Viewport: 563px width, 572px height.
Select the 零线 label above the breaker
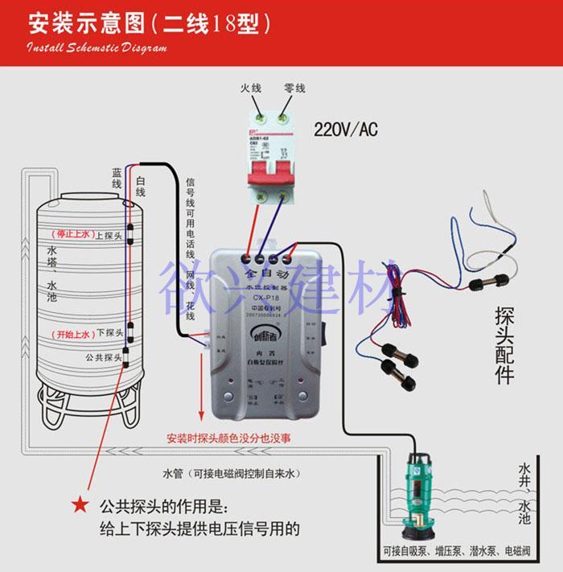click(x=294, y=87)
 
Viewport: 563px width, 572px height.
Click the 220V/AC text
click(x=345, y=129)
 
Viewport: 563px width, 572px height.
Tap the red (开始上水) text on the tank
click(x=69, y=333)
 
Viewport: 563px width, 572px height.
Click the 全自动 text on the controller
click(x=263, y=275)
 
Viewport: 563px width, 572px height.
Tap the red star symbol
click(x=79, y=505)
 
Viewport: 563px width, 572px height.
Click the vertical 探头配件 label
click(x=504, y=344)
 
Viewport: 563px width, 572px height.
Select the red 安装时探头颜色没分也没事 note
click(x=229, y=439)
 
